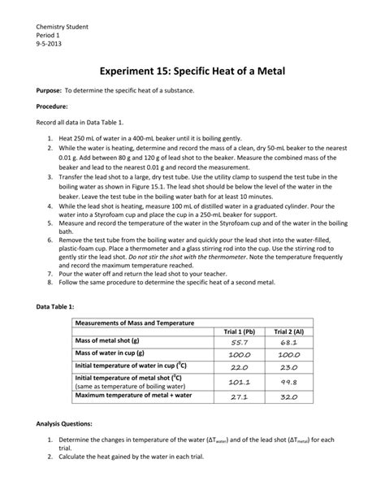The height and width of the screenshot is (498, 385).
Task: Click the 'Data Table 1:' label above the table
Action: (55, 306)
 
